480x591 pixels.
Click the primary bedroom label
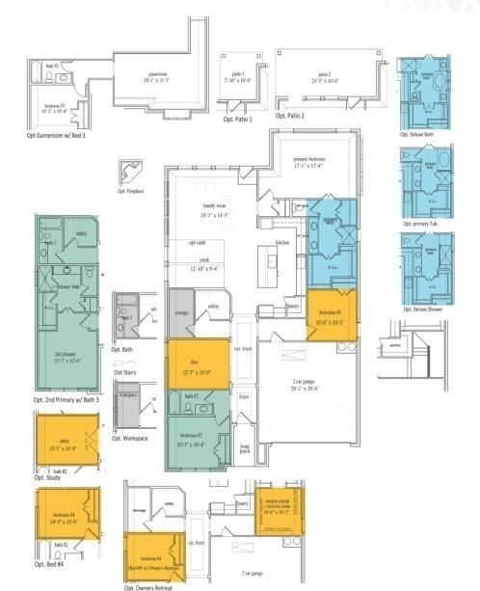[311, 165]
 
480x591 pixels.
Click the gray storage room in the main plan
[180, 311]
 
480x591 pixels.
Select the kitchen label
[282, 242]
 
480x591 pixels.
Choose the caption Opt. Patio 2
[290, 116]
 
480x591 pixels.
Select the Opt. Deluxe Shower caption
[422, 309]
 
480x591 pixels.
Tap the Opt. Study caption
[47, 477]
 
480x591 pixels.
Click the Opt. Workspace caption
[129, 438]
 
